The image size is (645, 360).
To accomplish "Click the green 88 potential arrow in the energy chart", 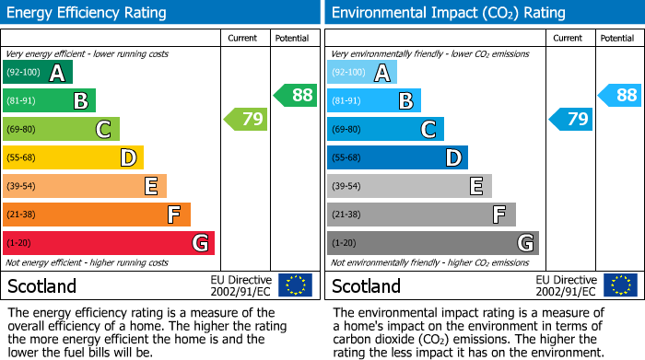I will (x=295, y=95).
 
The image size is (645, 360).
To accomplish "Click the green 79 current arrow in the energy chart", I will (x=246, y=119).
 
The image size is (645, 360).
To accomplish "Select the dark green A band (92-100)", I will (x=37, y=73).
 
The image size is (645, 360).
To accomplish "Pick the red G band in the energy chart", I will (x=108, y=243).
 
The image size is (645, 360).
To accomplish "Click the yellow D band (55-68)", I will (x=72, y=157).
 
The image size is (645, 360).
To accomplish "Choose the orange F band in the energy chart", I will (x=96, y=215).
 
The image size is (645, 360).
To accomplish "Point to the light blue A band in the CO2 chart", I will (x=361, y=73).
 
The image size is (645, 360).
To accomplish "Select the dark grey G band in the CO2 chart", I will (x=432, y=243).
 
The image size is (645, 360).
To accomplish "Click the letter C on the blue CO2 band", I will (x=428, y=130).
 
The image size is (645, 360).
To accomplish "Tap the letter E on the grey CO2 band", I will (x=475, y=187).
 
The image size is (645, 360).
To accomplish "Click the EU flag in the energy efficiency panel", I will (x=295, y=285).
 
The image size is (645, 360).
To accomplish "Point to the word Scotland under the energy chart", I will (x=41, y=286).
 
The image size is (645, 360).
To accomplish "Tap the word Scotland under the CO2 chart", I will (x=366, y=286).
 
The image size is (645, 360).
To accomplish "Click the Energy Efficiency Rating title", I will (x=88, y=13).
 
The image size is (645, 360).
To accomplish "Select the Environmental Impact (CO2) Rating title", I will (x=448, y=13).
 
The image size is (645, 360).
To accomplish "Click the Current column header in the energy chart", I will (x=243, y=38).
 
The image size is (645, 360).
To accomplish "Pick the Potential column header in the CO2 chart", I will (x=616, y=38).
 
